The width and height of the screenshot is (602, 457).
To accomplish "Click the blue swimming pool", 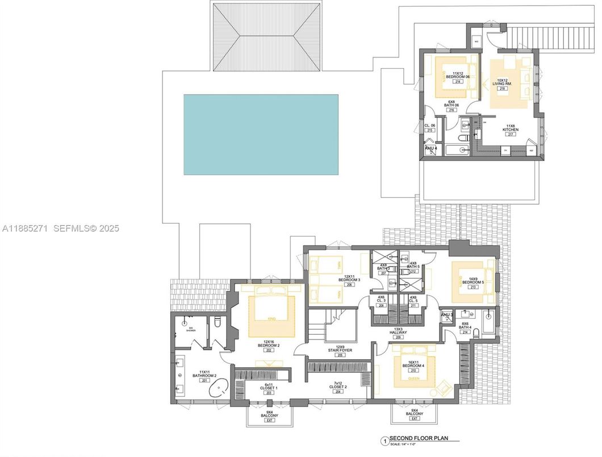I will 261,134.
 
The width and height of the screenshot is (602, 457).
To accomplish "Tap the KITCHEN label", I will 510,129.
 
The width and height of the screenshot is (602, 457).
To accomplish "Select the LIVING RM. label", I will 501,83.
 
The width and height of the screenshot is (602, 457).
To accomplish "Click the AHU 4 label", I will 430,148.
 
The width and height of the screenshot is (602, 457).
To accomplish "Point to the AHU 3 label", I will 447,314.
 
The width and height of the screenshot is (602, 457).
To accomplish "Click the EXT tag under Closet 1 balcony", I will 270,419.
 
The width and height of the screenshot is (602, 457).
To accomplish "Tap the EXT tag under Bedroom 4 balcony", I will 414,419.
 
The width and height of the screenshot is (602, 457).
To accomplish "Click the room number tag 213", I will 473,287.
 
